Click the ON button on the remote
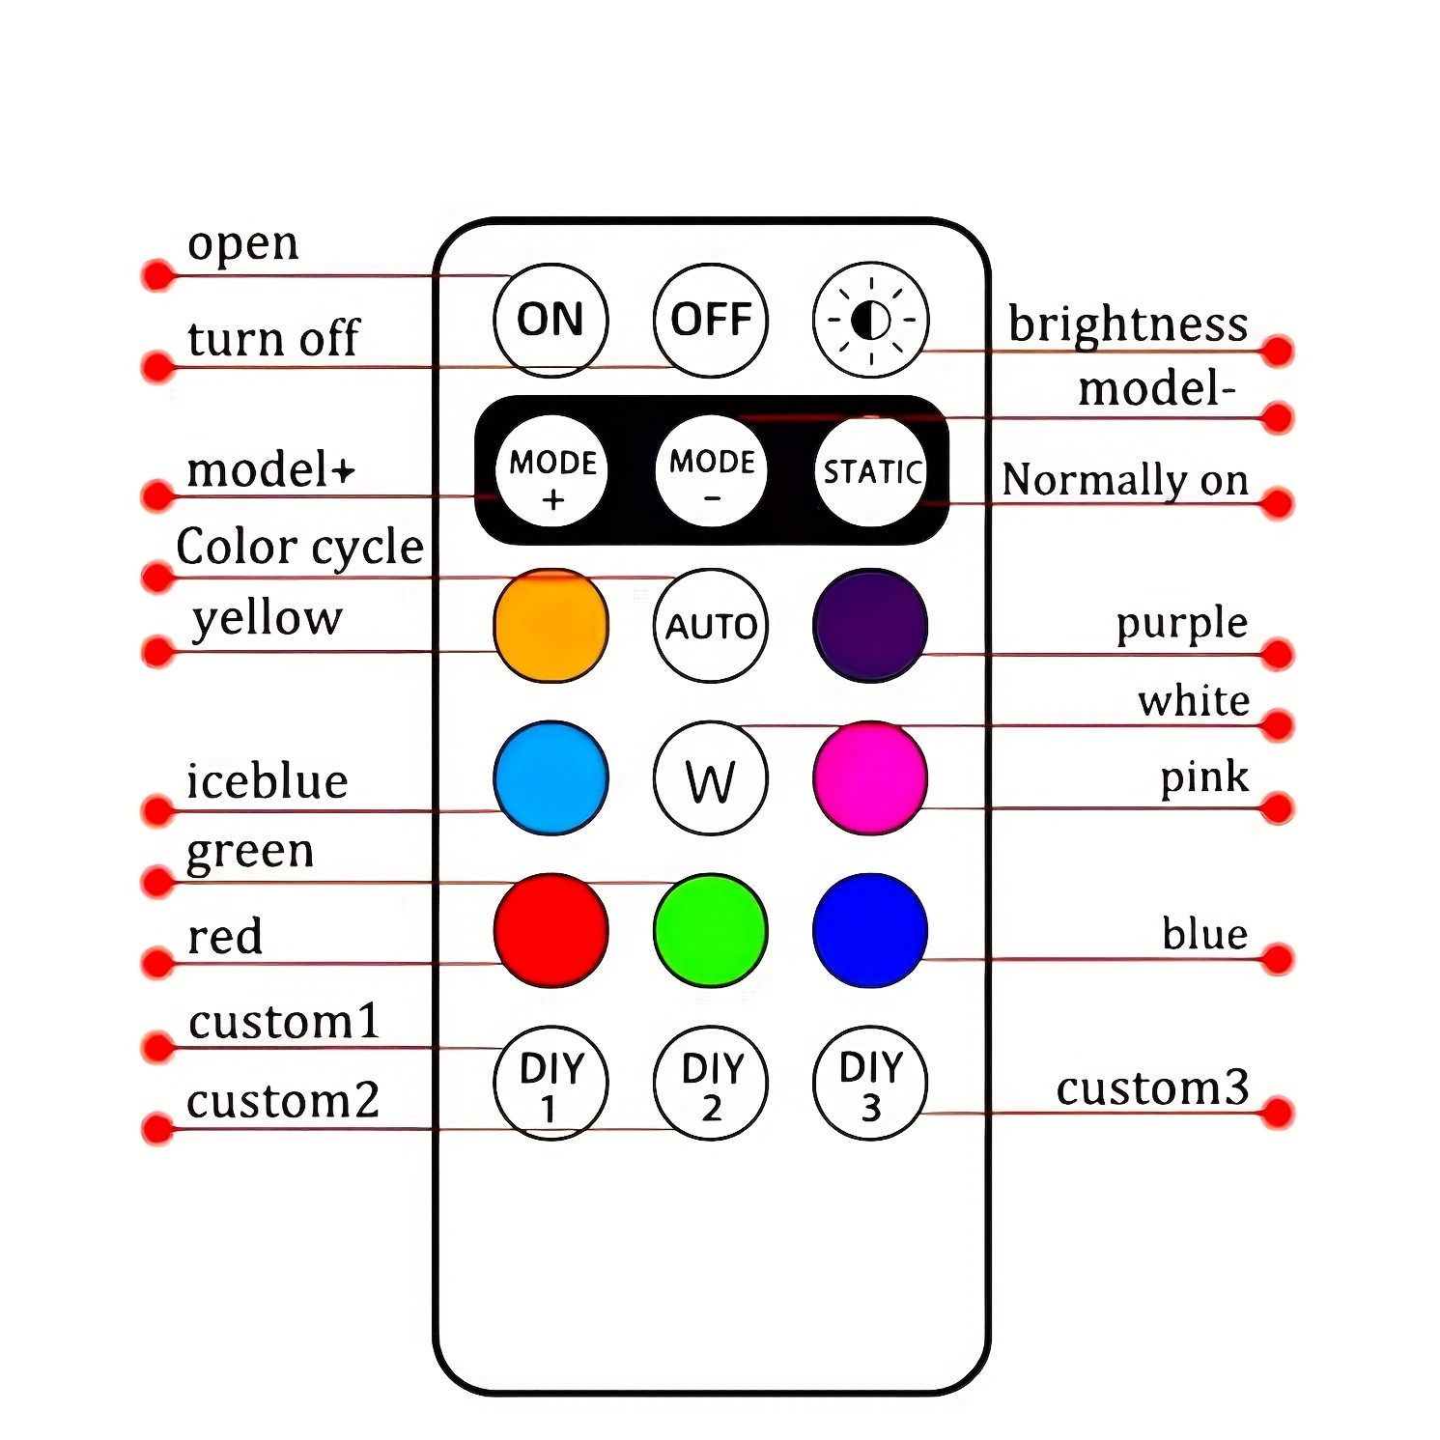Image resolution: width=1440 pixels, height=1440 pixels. click(x=551, y=320)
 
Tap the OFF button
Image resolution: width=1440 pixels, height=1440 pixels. click(x=711, y=320)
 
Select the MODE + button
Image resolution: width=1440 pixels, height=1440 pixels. click(x=551, y=471)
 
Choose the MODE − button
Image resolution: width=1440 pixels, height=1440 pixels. click(x=712, y=471)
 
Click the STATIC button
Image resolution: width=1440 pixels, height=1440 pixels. click(x=871, y=471)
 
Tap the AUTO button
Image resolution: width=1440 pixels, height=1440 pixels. click(x=711, y=626)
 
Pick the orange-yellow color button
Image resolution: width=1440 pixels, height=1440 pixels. click(x=551, y=626)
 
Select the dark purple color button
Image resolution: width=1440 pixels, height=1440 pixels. click(x=870, y=626)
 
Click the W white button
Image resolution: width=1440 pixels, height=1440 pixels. click(x=711, y=778)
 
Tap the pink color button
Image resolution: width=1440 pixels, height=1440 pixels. click(x=870, y=778)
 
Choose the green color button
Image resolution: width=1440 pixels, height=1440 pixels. click(x=711, y=930)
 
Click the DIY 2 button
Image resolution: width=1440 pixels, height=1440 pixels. click(x=711, y=1083)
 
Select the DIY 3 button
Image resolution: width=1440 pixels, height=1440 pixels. click(x=870, y=1083)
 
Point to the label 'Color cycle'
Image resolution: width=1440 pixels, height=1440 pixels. click(x=299, y=548)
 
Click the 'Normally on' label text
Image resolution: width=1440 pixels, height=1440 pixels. click(x=1125, y=480)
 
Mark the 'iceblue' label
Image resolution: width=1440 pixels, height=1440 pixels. click(x=267, y=781)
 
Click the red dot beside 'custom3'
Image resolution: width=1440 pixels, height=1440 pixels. click(x=1277, y=1113)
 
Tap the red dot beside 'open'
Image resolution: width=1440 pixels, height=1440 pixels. click(x=157, y=275)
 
